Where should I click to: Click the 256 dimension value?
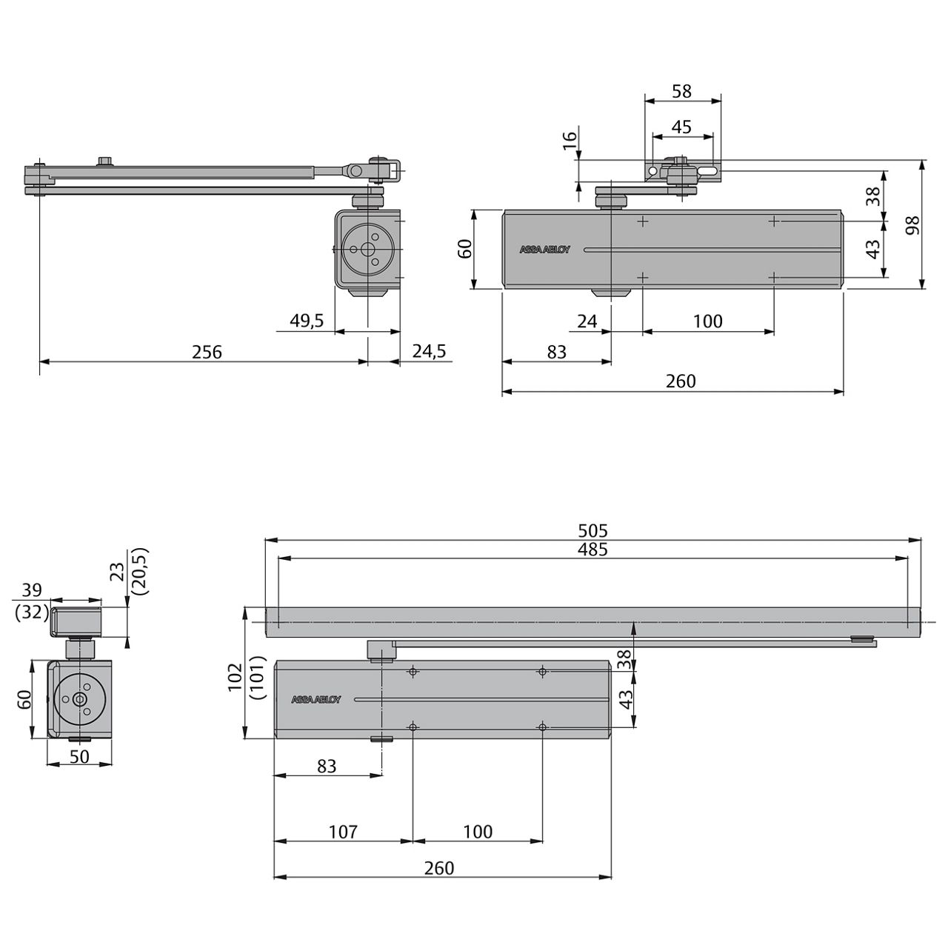tap(207, 352)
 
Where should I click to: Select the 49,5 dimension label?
tap(307, 321)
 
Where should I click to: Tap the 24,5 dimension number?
tap(430, 352)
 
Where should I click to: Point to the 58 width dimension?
tap(681, 91)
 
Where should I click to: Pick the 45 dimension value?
tap(681, 127)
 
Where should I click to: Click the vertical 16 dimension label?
tap(569, 141)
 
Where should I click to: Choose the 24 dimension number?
tap(587, 321)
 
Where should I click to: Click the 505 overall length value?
tap(592, 530)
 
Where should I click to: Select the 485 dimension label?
tap(592, 549)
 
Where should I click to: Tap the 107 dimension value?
tap(343, 832)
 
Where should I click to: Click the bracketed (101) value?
tap(256, 677)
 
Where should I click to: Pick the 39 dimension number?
tap(32, 590)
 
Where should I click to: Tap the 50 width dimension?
tap(79, 756)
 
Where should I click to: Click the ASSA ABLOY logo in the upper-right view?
tap(545, 250)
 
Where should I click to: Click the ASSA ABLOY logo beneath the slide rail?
tap(316, 699)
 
